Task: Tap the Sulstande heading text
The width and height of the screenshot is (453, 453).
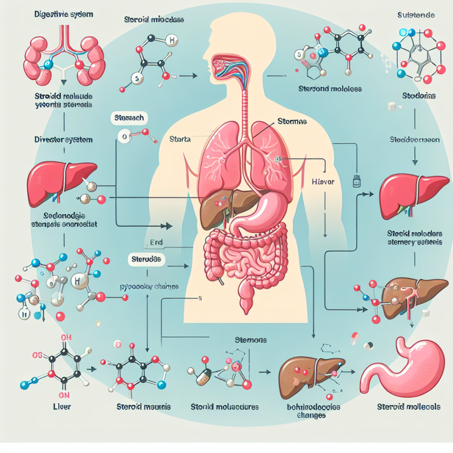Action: pyautogui.click(x=416, y=15)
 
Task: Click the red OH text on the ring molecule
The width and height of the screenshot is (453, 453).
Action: pyautogui.click(x=66, y=338)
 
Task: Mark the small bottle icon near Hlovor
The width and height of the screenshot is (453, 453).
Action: pyautogui.click(x=356, y=181)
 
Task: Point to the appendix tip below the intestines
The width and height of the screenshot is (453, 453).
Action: pyautogui.click(x=246, y=306)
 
